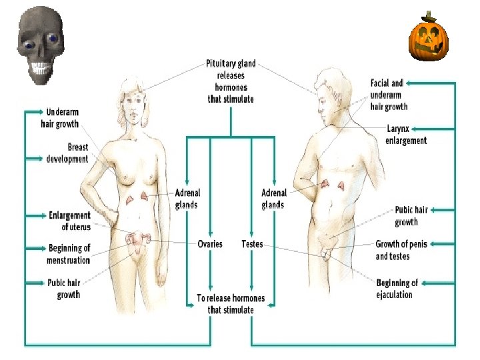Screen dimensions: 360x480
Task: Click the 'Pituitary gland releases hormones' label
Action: click(231, 82)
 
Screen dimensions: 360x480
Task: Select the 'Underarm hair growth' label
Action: click(63, 118)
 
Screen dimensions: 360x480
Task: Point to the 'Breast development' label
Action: click(67, 153)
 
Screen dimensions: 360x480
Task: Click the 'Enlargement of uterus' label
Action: click(69, 221)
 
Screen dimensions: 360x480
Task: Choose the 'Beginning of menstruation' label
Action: click(69, 254)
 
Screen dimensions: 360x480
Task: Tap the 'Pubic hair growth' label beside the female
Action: click(64, 289)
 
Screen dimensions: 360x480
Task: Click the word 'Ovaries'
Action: click(210, 244)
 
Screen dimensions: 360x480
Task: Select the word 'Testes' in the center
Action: click(252, 244)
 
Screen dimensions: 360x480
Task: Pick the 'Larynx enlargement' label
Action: click(406, 135)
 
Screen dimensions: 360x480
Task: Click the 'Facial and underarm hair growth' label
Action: click(389, 95)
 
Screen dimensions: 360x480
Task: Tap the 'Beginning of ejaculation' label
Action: click(397, 289)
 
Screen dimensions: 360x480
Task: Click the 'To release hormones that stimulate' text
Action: click(231, 304)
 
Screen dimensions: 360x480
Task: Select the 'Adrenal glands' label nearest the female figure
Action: click(187, 199)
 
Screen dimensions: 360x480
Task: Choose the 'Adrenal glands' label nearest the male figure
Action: click(273, 199)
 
